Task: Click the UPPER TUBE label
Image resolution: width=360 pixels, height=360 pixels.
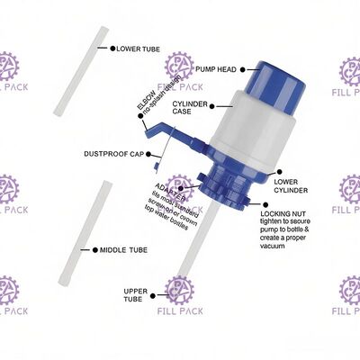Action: (x=136, y=295)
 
